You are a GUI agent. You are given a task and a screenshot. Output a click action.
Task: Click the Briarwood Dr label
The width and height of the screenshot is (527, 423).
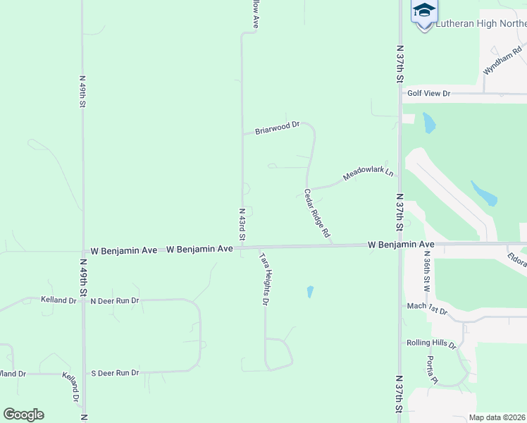[277, 128]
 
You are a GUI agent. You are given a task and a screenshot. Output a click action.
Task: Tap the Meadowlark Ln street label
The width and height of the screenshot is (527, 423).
[367, 171]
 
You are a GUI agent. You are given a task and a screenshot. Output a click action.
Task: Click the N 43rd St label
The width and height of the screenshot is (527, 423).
[242, 224]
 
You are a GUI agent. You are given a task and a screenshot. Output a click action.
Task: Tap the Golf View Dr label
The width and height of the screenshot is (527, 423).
[428, 93]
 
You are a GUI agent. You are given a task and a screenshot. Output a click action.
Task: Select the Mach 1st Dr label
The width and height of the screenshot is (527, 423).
[427, 307]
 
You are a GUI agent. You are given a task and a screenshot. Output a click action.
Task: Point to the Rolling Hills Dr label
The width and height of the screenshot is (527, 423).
[431, 343]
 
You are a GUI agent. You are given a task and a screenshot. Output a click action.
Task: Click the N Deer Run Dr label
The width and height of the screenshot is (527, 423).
[115, 300]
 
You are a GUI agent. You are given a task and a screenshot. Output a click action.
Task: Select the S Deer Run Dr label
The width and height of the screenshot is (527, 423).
[115, 373]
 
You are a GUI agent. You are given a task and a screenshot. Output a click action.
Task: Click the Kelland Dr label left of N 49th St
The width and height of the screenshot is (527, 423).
[58, 300]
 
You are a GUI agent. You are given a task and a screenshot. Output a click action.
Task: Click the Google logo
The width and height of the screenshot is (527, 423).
[23, 415]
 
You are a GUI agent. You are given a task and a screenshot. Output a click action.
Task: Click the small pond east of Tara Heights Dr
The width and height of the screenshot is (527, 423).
[310, 291]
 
